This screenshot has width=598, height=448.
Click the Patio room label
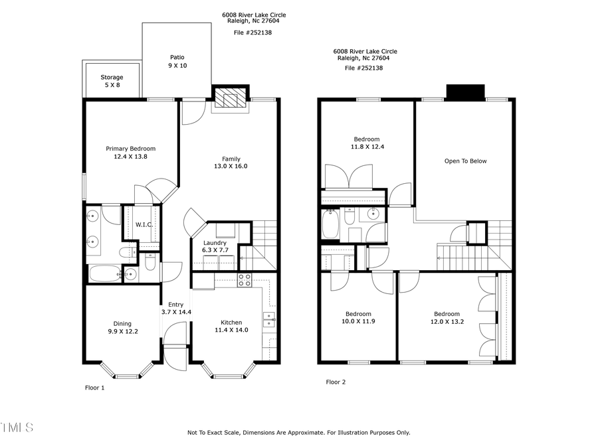(x=177, y=57)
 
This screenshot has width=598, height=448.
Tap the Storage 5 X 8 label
(x=112, y=78)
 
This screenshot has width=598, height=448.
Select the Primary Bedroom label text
(x=131, y=149)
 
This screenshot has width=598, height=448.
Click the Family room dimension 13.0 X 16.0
(x=231, y=167)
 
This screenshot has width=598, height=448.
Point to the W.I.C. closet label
(x=144, y=225)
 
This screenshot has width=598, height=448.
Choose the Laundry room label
(x=215, y=243)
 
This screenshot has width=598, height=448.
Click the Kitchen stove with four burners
(x=245, y=279)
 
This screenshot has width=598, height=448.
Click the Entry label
(x=175, y=305)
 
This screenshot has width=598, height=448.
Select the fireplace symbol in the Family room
(x=230, y=100)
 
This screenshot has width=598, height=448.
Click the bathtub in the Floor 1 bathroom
(x=104, y=273)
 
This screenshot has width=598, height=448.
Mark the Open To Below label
(x=465, y=161)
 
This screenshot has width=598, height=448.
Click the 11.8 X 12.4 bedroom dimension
(x=366, y=147)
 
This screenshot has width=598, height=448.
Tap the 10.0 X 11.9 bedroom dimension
(x=358, y=321)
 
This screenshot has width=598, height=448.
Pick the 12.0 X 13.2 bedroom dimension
(x=447, y=321)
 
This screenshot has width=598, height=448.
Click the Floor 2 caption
(x=336, y=382)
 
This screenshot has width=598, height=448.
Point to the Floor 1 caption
(x=94, y=387)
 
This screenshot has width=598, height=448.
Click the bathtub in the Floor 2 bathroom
(x=330, y=225)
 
